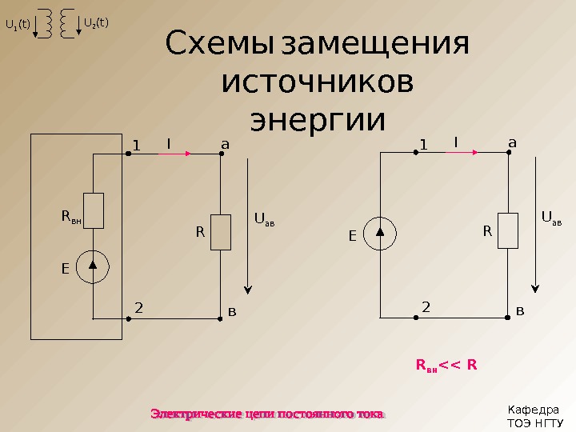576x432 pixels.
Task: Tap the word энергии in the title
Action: tap(318, 120)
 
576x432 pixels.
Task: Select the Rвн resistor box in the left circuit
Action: tap(94, 210)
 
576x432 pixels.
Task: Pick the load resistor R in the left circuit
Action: tap(221, 232)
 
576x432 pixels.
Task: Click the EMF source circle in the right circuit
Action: tap(381, 234)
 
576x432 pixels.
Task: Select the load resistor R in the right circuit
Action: tap(508, 230)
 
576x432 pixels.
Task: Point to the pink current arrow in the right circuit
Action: tap(462, 152)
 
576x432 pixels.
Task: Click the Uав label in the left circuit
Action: tap(264, 218)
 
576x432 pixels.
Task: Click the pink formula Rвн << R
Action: tap(446, 366)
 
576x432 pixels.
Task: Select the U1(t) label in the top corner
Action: tap(18, 24)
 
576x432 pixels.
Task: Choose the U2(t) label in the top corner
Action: tap(96, 23)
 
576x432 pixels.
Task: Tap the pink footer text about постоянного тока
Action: tap(268, 414)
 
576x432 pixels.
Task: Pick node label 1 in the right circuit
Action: tap(424, 145)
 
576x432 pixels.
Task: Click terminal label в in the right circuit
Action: tap(521, 309)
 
